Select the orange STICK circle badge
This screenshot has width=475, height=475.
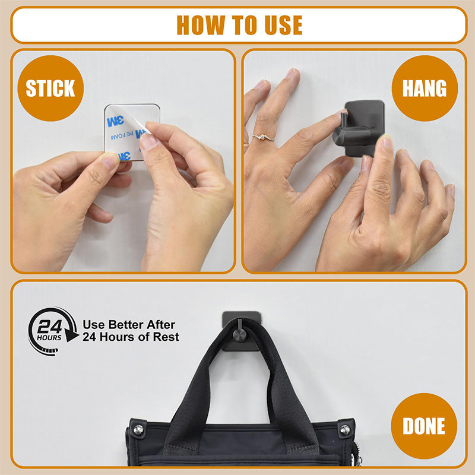[50, 88]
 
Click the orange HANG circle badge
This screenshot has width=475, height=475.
[425, 88]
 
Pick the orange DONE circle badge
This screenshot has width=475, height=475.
[424, 426]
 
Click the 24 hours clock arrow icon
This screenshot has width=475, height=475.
[52, 330]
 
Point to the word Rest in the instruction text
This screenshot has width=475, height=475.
[166, 337]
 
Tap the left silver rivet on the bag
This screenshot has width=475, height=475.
[138, 429]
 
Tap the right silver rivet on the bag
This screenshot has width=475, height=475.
[344, 429]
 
